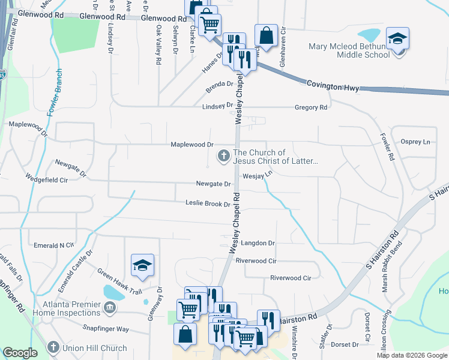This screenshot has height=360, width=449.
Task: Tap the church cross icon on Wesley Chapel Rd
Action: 223,157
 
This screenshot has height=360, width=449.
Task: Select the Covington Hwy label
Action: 333,86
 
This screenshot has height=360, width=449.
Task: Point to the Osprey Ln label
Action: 419,142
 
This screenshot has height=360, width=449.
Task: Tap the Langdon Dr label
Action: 258,243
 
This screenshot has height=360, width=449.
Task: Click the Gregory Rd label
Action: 310,107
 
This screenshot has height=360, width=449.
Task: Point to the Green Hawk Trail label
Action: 119,283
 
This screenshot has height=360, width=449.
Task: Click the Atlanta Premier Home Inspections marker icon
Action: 109,308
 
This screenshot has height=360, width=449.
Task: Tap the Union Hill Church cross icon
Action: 54,348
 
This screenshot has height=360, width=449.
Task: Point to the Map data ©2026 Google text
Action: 412,355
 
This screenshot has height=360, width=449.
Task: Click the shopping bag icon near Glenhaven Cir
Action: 265,36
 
